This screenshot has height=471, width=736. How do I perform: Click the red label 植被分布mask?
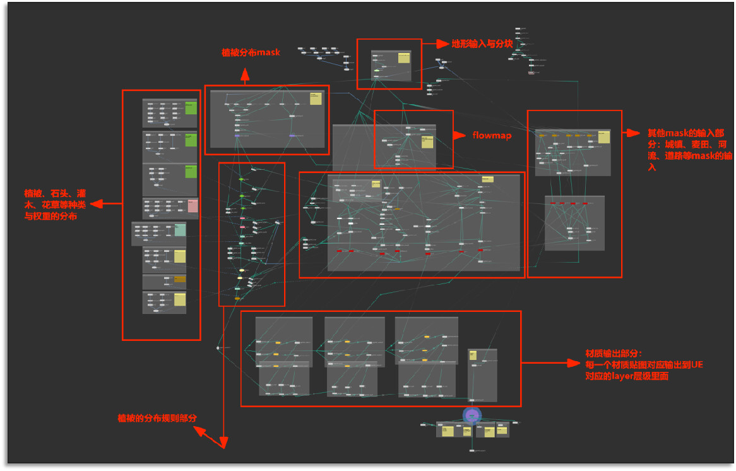(251, 52)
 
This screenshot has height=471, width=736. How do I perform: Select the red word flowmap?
(491, 135)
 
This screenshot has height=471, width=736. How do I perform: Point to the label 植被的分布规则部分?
(157, 418)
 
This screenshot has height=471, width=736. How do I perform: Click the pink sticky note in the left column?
(193, 206)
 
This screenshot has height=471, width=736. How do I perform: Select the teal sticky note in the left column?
(180, 230)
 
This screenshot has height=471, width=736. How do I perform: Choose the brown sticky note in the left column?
(180, 279)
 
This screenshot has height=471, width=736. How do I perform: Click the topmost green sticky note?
(191, 109)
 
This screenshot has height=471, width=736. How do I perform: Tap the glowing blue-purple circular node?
(472, 415)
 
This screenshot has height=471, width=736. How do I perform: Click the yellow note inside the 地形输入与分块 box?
(403, 58)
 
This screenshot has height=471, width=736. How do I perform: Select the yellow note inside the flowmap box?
(427, 141)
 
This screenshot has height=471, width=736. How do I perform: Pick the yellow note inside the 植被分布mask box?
(316, 98)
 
